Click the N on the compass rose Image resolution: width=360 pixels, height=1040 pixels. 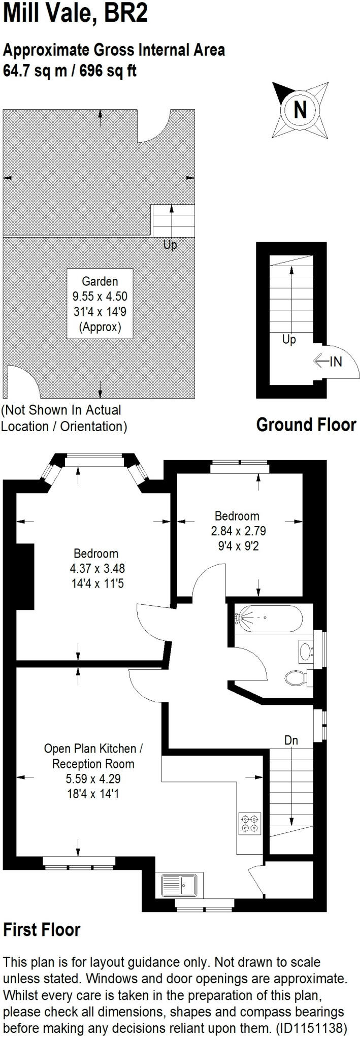[300, 110]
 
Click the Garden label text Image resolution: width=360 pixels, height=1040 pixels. [100, 281]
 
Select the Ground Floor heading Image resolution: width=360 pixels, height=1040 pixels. [306, 425]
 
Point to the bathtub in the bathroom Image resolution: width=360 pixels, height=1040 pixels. [269, 618]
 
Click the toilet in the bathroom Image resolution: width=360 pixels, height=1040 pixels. [297, 677]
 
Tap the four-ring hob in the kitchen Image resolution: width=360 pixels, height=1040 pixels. [250, 823]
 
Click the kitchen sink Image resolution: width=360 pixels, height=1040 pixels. [182, 885]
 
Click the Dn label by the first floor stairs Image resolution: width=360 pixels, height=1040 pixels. [291, 740]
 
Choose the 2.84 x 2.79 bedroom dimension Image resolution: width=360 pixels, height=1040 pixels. [238, 531]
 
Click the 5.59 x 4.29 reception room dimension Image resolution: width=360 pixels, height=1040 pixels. [93, 778]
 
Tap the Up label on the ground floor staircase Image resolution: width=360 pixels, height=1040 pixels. [289, 339]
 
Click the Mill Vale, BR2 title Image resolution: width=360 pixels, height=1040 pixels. [75, 13]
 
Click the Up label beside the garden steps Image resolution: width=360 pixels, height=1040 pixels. [170, 245]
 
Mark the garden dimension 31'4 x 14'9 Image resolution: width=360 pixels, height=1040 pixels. [100, 311]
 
